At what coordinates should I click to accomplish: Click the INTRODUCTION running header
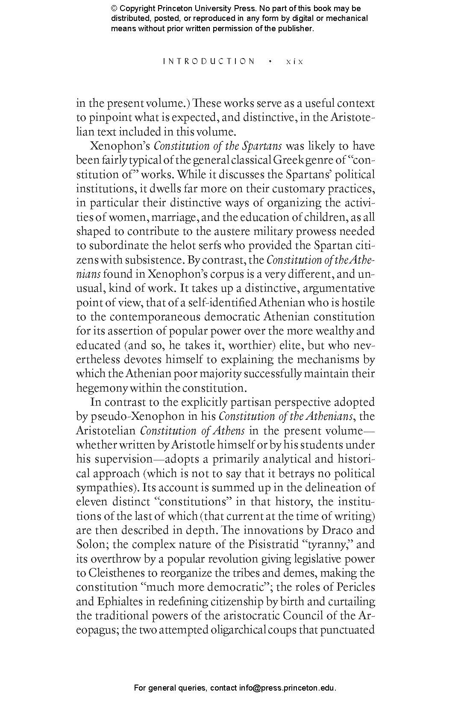tap(209, 61)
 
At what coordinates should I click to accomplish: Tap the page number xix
tap(294, 61)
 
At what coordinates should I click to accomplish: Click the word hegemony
tap(102, 388)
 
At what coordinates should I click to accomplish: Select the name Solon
tap(89, 544)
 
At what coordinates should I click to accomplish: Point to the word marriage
tap(176, 217)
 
